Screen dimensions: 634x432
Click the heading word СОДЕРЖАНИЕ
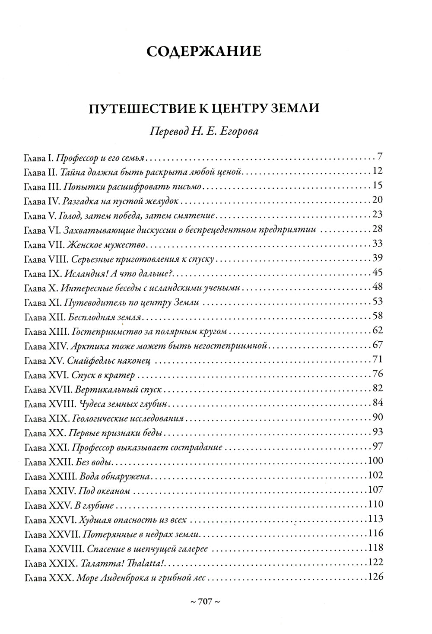click(x=204, y=52)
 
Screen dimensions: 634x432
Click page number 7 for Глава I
click(x=380, y=156)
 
